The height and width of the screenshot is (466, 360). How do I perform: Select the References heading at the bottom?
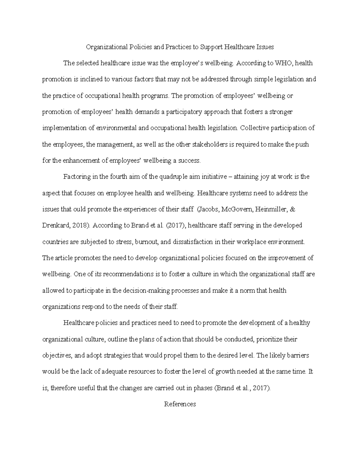pos(180,404)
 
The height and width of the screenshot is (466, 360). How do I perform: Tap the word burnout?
pos(146,242)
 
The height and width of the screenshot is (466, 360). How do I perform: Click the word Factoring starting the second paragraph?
pos(77,177)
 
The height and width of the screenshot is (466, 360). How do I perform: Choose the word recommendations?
pos(127,274)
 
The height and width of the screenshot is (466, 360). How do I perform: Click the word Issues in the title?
pos(265,47)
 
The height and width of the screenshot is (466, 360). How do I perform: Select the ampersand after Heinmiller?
pos(293,209)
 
